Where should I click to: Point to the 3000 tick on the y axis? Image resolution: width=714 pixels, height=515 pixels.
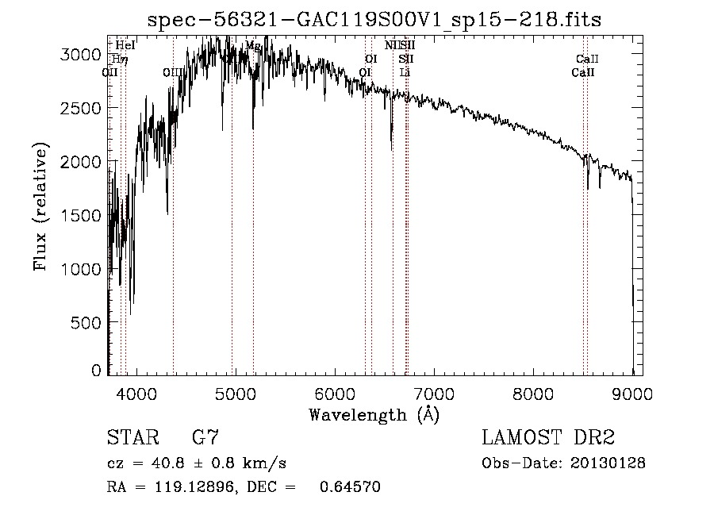click(x=82, y=54)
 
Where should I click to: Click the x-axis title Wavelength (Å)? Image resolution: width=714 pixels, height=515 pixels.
click(x=374, y=414)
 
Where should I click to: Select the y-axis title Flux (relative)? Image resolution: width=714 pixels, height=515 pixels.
click(x=40, y=206)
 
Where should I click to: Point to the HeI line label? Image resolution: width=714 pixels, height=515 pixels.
click(x=125, y=46)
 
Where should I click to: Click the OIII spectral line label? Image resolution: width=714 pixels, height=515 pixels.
click(x=173, y=73)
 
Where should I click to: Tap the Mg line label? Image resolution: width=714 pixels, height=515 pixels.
click(x=253, y=46)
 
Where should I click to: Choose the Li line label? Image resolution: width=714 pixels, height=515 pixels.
click(x=405, y=73)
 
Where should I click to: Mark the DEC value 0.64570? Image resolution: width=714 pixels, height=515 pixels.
click(x=349, y=487)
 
